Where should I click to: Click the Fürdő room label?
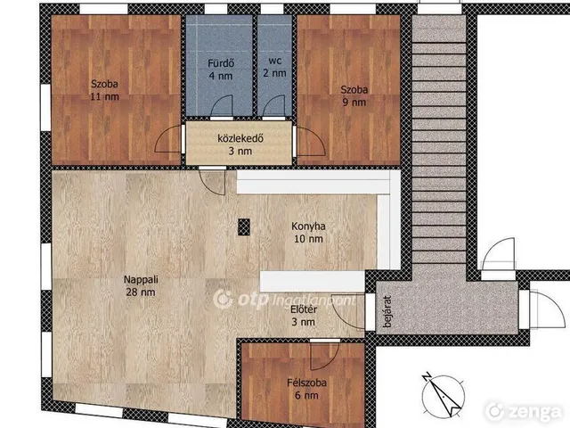coord(221,63)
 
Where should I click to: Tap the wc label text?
coord(275,61)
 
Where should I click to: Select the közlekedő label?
coord(240,138)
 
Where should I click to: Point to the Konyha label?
coord(308,226)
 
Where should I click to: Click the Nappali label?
coord(141,279)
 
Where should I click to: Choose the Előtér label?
coord(304,309)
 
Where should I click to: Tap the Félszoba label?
coord(306,383)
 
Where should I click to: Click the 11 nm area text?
coord(105,97)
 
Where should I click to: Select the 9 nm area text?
coord(354,103)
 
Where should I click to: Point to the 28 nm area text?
coord(141,292)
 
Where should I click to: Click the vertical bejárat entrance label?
coord(387,311)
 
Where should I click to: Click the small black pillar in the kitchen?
coord(244,227)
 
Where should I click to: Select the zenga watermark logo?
coord(523,411)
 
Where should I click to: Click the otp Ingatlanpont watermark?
coord(284,300)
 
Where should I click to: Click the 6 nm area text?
coord(306,396)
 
